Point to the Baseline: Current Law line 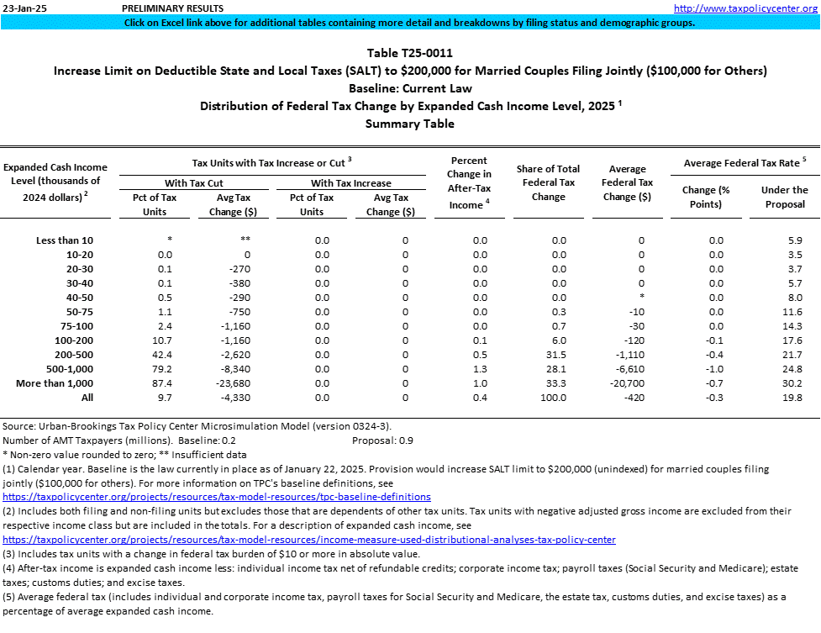[410, 88]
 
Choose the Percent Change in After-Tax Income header [469, 182]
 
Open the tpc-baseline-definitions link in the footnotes [217, 497]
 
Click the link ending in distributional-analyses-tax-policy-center [309, 539]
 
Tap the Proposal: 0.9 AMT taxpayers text [382, 440]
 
